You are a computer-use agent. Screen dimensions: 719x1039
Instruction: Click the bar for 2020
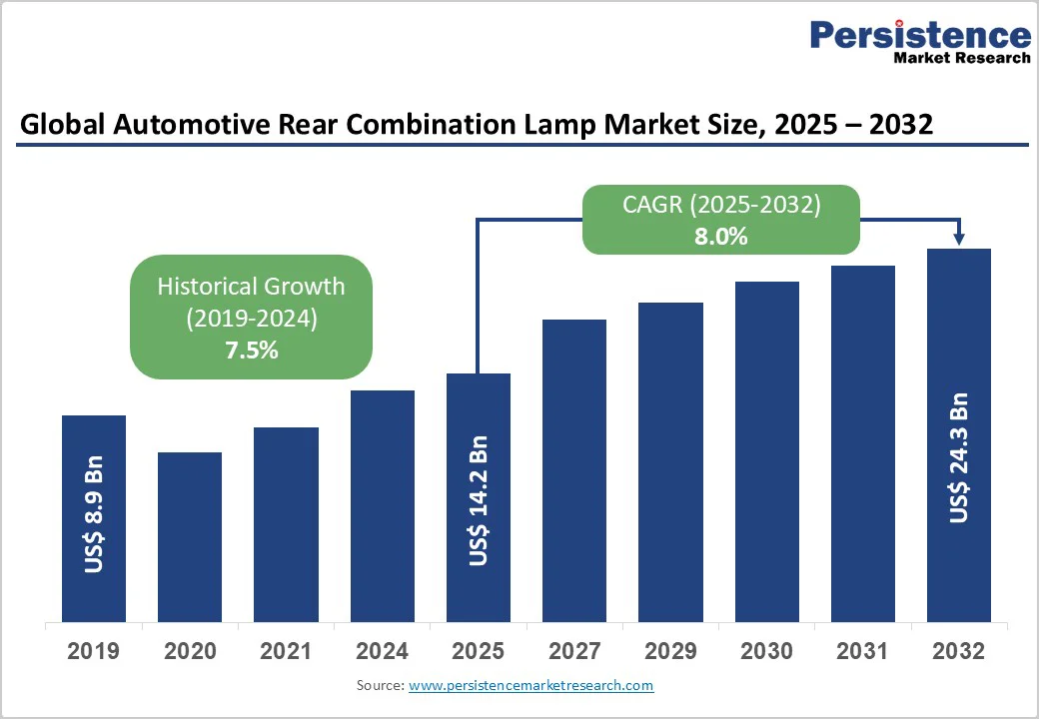click(x=190, y=536)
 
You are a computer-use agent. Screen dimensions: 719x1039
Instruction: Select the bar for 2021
click(x=286, y=524)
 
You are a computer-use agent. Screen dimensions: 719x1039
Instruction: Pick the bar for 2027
click(x=574, y=470)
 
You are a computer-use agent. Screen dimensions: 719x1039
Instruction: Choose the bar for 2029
click(x=670, y=461)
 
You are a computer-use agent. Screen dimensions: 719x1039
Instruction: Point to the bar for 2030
click(x=767, y=451)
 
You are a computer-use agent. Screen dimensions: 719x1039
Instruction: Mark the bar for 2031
click(x=863, y=443)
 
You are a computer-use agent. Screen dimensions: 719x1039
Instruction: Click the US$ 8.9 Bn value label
click(x=94, y=514)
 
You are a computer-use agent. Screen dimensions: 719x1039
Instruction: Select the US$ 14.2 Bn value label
click(x=479, y=500)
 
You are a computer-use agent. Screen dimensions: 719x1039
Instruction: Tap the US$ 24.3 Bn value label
click(x=959, y=457)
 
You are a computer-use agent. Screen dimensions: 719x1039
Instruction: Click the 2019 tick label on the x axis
click(x=94, y=651)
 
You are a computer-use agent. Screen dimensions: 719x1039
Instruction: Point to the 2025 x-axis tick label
click(x=479, y=651)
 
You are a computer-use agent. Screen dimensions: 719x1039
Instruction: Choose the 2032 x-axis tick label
click(x=959, y=651)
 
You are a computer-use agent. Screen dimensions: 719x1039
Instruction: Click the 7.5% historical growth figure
click(x=252, y=351)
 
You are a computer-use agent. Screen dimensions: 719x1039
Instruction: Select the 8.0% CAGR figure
click(x=721, y=237)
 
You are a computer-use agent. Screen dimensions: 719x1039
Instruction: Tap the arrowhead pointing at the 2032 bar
click(x=959, y=239)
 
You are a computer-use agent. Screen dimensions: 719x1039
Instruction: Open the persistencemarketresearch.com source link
click(x=530, y=686)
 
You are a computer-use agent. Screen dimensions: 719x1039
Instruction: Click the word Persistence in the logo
click(x=919, y=35)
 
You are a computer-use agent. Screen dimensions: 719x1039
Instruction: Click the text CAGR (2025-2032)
click(x=721, y=206)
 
